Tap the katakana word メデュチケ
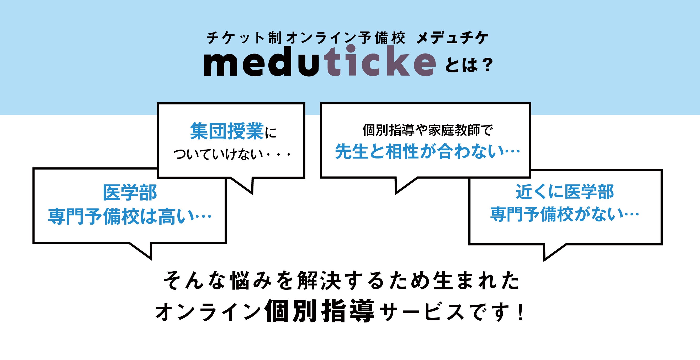[x=452, y=38]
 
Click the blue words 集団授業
[x=227, y=131]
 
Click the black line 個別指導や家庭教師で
[x=427, y=130]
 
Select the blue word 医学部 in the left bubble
[x=130, y=193]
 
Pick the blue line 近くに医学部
[x=565, y=192]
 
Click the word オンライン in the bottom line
[x=208, y=312]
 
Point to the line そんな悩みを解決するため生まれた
[x=342, y=280]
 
